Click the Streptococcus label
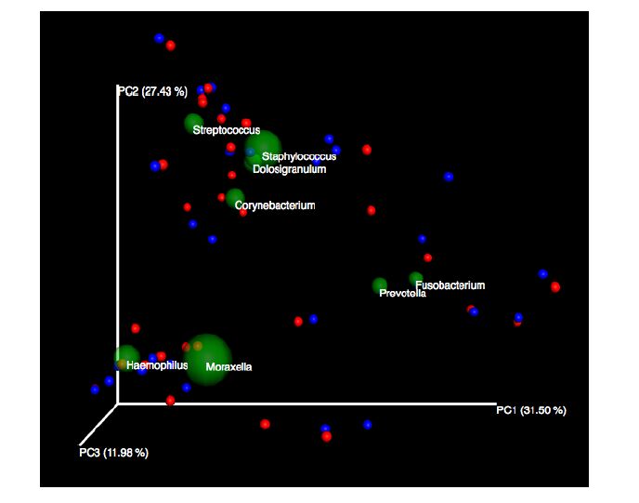pyautogui.click(x=227, y=130)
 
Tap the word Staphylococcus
pyautogui.click(x=298, y=156)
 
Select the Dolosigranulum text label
pyautogui.click(x=289, y=169)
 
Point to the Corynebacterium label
pyautogui.click(x=275, y=205)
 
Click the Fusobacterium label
pyautogui.click(x=450, y=285)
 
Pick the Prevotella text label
pyautogui.click(x=403, y=294)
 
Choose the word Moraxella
pyautogui.click(x=228, y=367)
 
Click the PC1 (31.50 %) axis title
pyautogui.click(x=531, y=410)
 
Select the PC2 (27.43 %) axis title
pyautogui.click(x=151, y=91)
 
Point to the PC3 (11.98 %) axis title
pyautogui.click(x=113, y=453)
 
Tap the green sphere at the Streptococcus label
pyautogui.click(x=193, y=124)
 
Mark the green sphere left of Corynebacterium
pyautogui.click(x=234, y=197)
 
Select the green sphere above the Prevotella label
pyautogui.click(x=380, y=285)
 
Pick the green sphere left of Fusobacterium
pyautogui.click(x=415, y=278)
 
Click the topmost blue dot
pyautogui.click(x=160, y=38)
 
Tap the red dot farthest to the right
pyautogui.click(x=555, y=286)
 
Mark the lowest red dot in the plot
pyautogui.click(x=325, y=438)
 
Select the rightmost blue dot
pyautogui.click(x=542, y=273)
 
